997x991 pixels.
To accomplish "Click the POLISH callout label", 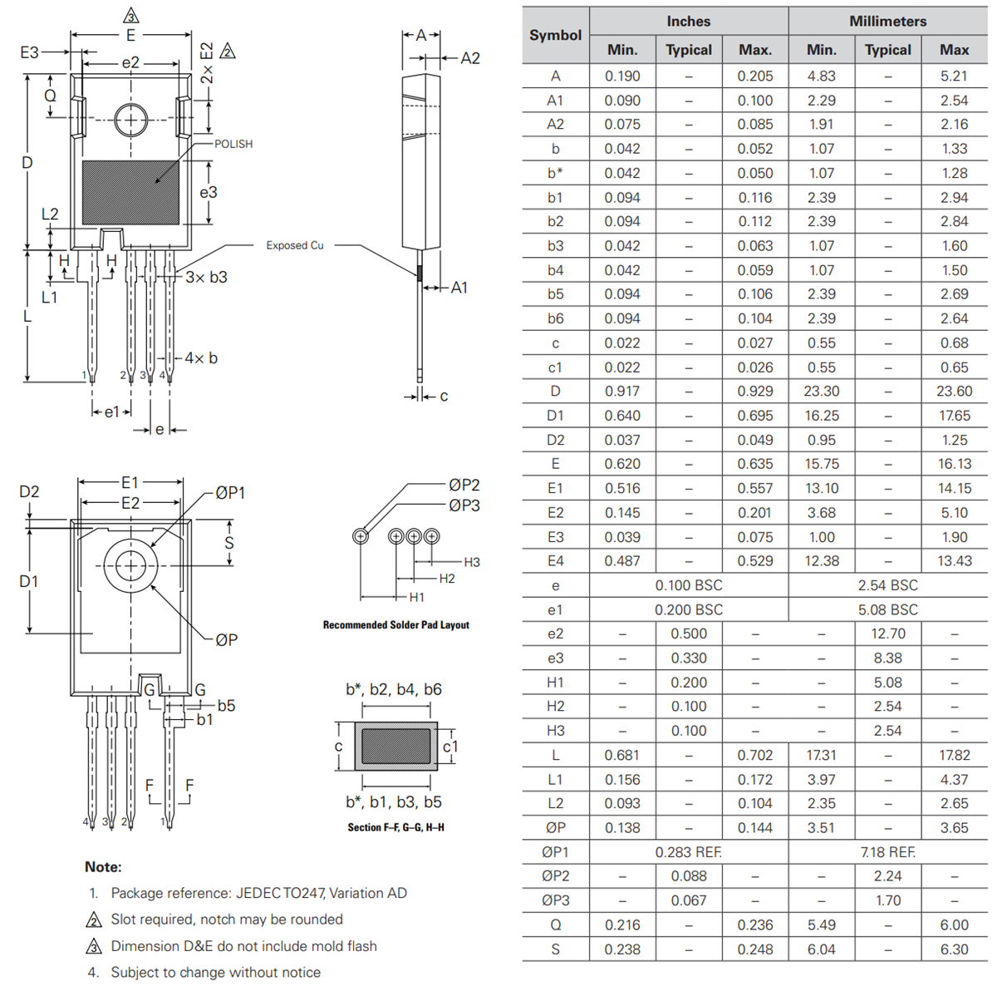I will point(233,144).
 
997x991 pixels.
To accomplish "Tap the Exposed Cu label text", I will point(294,245).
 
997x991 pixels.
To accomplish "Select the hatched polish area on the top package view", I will point(130,192).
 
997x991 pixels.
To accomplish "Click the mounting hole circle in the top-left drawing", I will point(130,121).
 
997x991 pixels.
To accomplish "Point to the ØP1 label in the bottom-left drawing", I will point(230,493).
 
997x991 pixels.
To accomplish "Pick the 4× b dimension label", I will point(201,357).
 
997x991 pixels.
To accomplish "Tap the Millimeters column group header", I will point(887,21).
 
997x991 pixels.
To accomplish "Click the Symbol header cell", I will point(555,35).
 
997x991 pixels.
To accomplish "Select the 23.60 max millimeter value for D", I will point(954,391).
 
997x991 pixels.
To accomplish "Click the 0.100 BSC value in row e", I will point(688,585).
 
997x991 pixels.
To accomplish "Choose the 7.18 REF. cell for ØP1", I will point(887,852).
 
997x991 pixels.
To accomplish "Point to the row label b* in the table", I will point(555,173).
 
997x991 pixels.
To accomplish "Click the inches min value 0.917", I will point(622,391).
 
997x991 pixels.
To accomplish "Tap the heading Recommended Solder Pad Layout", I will point(395,624).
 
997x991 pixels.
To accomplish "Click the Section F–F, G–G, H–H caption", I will point(395,827).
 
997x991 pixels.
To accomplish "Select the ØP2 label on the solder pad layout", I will point(464,485).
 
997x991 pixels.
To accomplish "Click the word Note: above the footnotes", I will point(103,866).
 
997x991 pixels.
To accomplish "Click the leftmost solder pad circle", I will point(361,536).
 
